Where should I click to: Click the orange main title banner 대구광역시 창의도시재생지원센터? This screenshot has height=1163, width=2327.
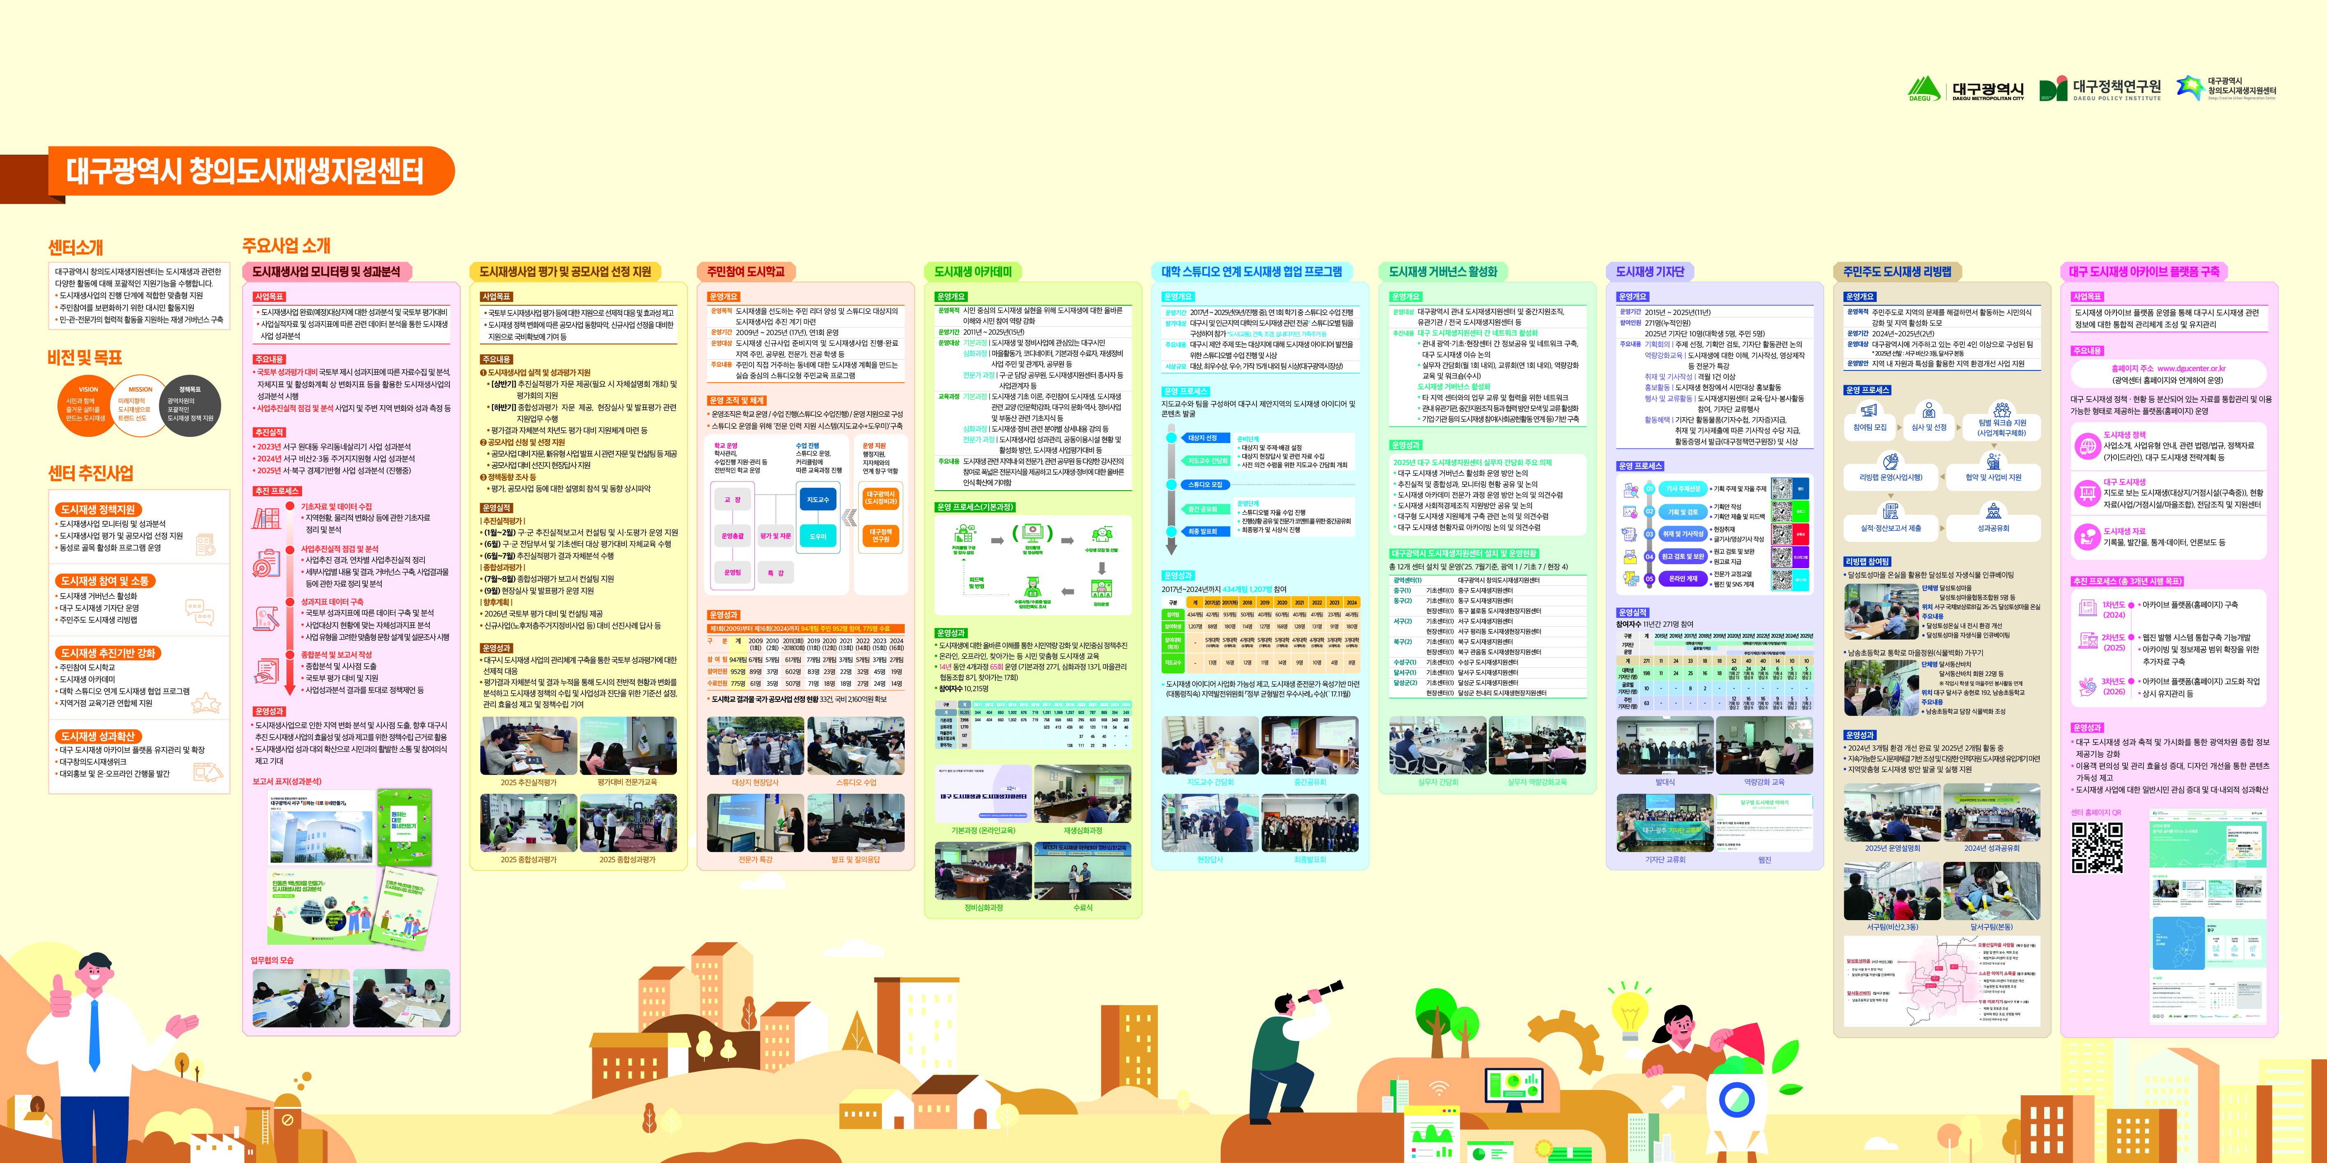tap(244, 171)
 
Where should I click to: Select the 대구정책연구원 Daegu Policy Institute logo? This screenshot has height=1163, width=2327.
tap(2100, 89)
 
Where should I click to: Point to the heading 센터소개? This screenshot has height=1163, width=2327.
tap(76, 247)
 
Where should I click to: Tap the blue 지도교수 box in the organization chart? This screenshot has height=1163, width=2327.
tap(818, 499)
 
